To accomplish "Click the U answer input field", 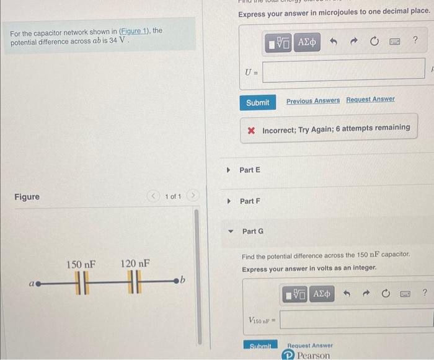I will [x=343, y=69].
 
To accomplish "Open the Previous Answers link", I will [x=312, y=100].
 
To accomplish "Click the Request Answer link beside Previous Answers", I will [x=370, y=100].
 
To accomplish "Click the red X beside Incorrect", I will [x=251, y=131].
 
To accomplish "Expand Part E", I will [x=228, y=170].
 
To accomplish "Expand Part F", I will [x=228, y=201].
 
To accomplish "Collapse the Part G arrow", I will [x=231, y=232].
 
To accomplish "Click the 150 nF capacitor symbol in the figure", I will [x=80, y=282].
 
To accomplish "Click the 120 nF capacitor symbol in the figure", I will [x=135, y=282].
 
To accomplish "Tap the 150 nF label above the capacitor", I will [x=81, y=264].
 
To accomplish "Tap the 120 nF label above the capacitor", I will [x=135, y=264].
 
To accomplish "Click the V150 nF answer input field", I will [x=356, y=319].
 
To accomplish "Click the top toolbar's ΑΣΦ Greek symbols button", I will [x=307, y=42].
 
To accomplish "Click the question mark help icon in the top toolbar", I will [x=415, y=42].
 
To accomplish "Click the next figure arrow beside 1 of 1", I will [x=193, y=196].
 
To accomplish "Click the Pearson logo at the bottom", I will [x=307, y=355].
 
